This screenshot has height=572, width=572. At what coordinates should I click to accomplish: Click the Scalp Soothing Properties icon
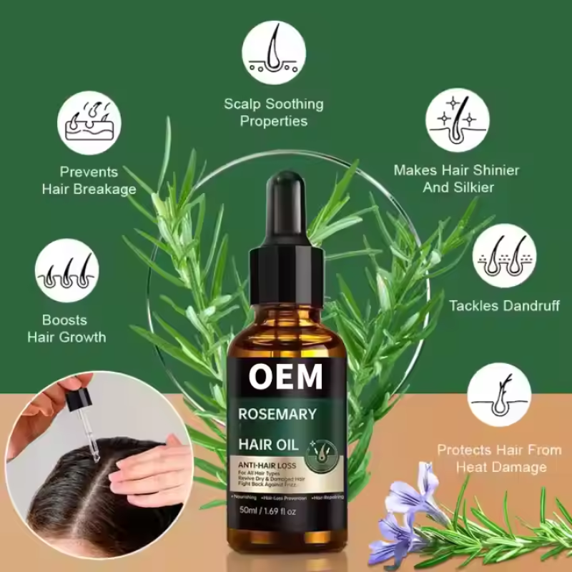pyautogui.click(x=274, y=52)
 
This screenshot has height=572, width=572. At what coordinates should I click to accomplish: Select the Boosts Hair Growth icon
pyautogui.click(x=66, y=270)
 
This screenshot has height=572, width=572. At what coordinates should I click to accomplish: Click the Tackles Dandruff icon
pyautogui.click(x=506, y=255)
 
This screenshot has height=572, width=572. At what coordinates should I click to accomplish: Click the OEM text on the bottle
pyautogui.click(x=286, y=377)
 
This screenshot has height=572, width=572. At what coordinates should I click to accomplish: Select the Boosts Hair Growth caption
pyautogui.click(x=66, y=328)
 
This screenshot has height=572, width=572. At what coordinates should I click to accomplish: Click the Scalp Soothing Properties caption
pyautogui.click(x=274, y=112)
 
